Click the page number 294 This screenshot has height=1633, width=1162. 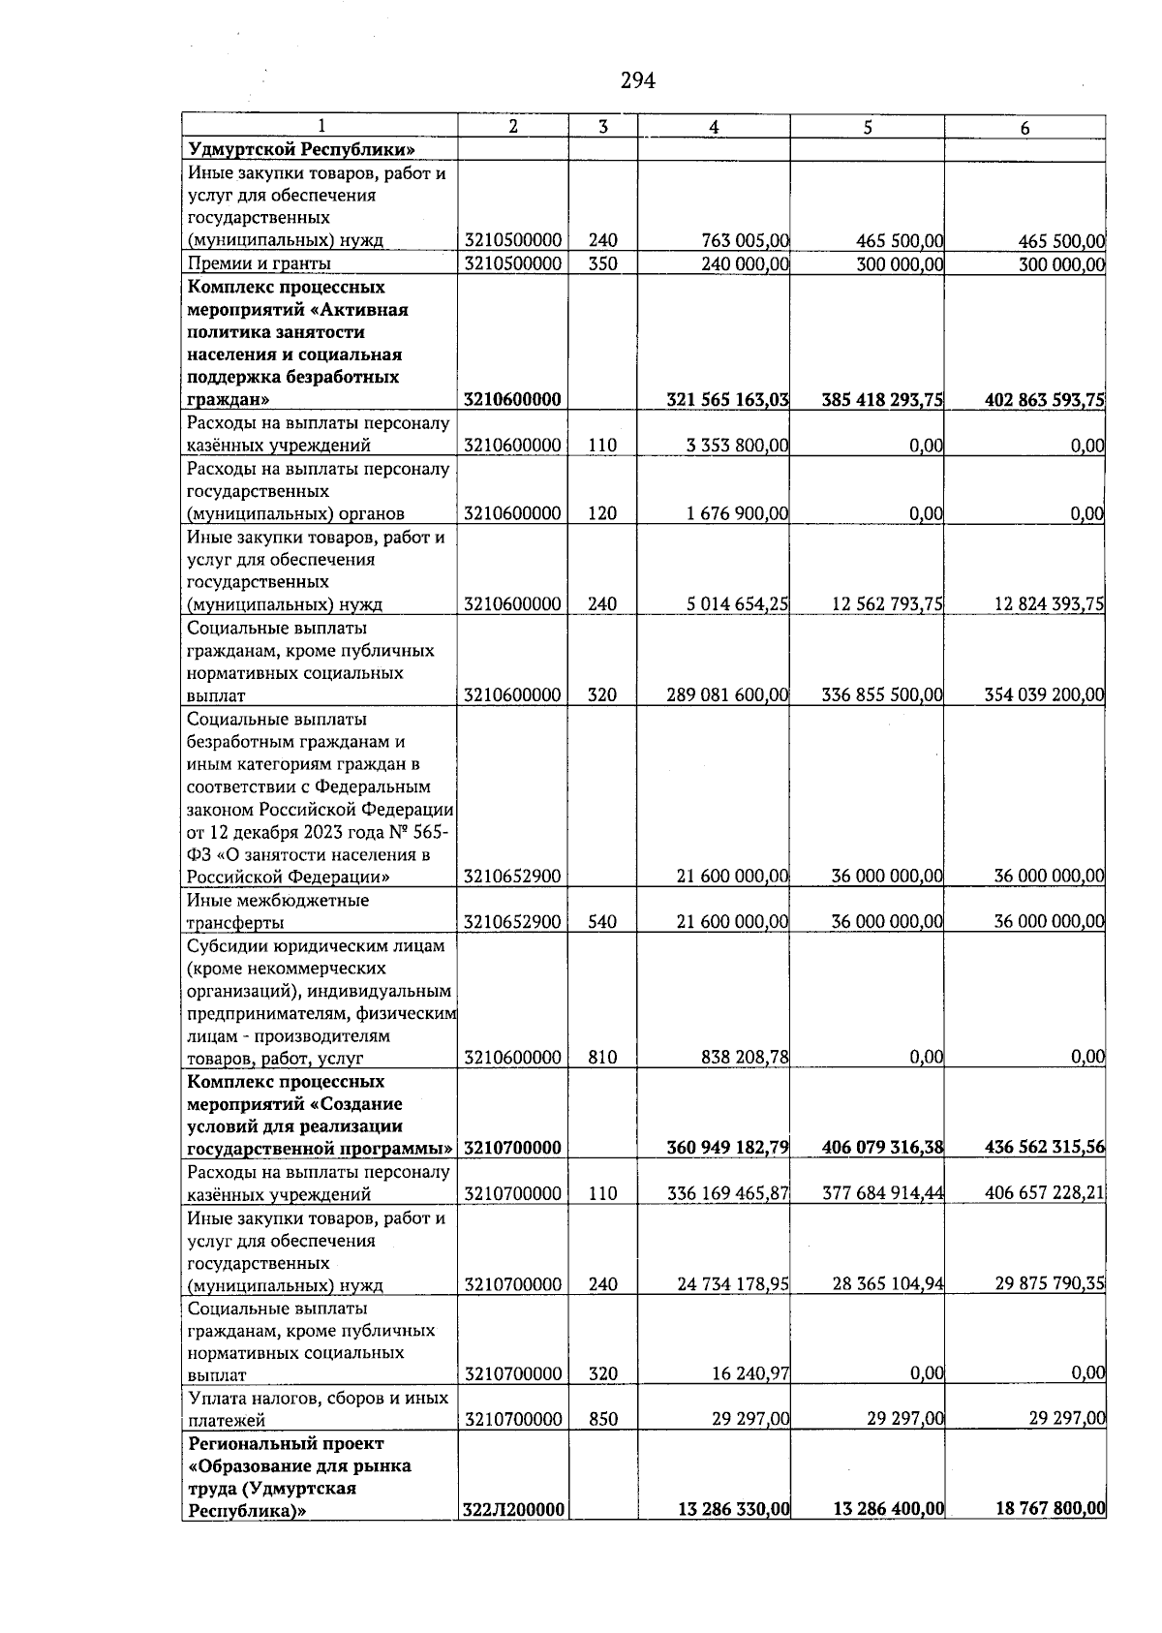(x=638, y=81)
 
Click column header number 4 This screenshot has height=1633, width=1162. (x=714, y=127)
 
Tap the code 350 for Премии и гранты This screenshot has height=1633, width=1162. (x=602, y=263)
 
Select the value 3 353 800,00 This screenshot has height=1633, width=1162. (x=737, y=446)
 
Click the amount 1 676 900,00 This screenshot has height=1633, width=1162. (x=737, y=514)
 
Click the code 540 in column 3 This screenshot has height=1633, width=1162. (x=602, y=922)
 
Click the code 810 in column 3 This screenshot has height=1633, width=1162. (x=602, y=1058)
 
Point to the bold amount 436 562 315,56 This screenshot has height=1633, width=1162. (x=1045, y=1149)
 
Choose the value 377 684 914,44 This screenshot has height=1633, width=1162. (x=882, y=1194)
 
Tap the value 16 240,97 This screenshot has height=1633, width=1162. (x=749, y=1373)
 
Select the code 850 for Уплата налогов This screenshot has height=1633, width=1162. (x=603, y=1420)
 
